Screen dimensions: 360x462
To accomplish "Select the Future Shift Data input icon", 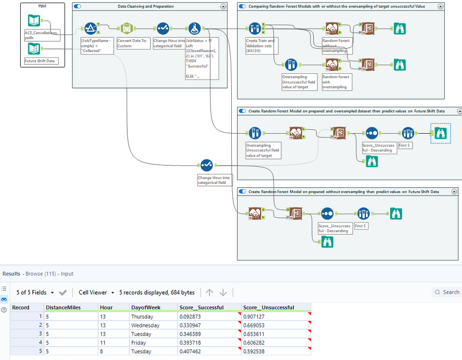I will pyautogui.click(x=34, y=49).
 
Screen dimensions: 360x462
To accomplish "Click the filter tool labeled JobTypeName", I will pyautogui.click(x=90, y=29).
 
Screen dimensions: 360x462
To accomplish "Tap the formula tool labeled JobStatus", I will pyautogui.click(x=195, y=29).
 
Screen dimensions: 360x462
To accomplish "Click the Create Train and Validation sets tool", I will pyautogui.click(x=255, y=29).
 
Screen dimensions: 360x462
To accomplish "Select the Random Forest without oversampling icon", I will pyautogui.click(x=331, y=29).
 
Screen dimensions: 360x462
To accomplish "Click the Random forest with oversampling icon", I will pyautogui.click(x=331, y=65).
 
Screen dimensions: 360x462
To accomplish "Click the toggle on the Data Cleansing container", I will pyautogui.click(x=77, y=6).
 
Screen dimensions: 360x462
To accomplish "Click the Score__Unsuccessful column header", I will pyautogui.click(x=269, y=308).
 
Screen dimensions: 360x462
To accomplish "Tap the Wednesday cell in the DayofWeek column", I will pyautogui.click(x=145, y=325).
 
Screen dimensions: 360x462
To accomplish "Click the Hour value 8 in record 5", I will pyautogui.click(x=102, y=352).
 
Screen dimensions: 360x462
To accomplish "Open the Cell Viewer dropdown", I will pyautogui.click(x=97, y=292).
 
